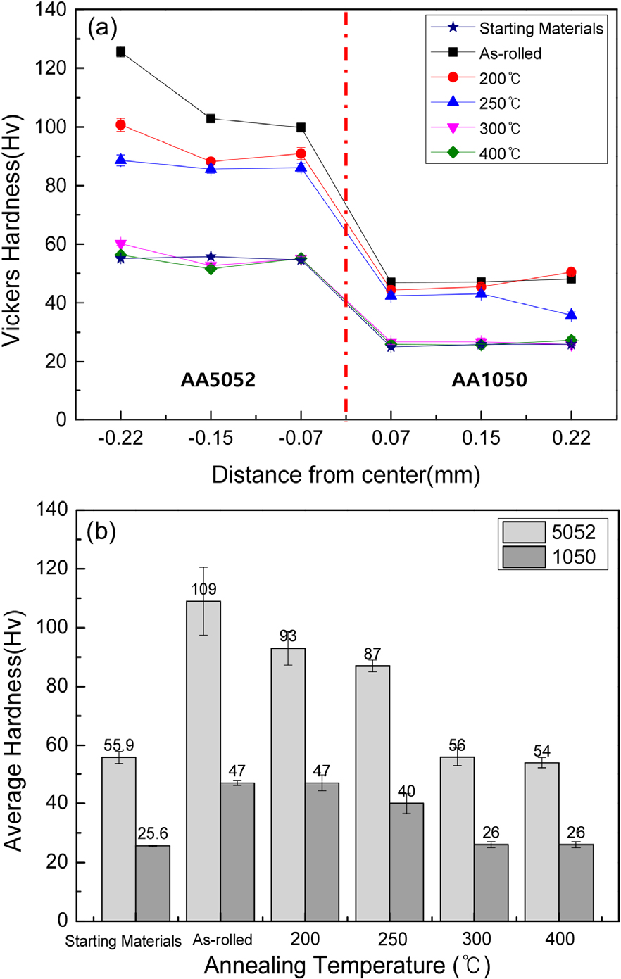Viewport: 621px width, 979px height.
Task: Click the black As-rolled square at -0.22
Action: click(x=121, y=52)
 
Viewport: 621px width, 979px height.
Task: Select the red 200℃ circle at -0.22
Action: click(x=121, y=125)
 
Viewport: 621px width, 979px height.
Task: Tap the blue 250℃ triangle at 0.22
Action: click(x=571, y=315)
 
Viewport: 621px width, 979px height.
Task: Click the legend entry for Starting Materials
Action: click(x=540, y=28)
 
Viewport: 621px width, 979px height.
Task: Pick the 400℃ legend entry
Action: click(x=499, y=153)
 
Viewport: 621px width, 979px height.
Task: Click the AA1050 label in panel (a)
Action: click(x=489, y=380)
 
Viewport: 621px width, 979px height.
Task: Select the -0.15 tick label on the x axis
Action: click(x=211, y=439)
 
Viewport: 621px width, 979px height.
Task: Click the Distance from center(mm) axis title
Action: click(x=346, y=474)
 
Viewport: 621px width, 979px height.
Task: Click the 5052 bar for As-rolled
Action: click(x=203, y=760)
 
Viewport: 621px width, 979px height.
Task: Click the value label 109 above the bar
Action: click(x=203, y=590)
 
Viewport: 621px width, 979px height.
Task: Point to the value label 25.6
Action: click(x=153, y=834)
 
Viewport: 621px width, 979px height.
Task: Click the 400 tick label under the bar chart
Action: click(x=560, y=939)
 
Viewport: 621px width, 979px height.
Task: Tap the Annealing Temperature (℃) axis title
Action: click(x=346, y=965)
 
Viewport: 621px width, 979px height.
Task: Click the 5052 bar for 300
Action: click(x=457, y=838)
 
